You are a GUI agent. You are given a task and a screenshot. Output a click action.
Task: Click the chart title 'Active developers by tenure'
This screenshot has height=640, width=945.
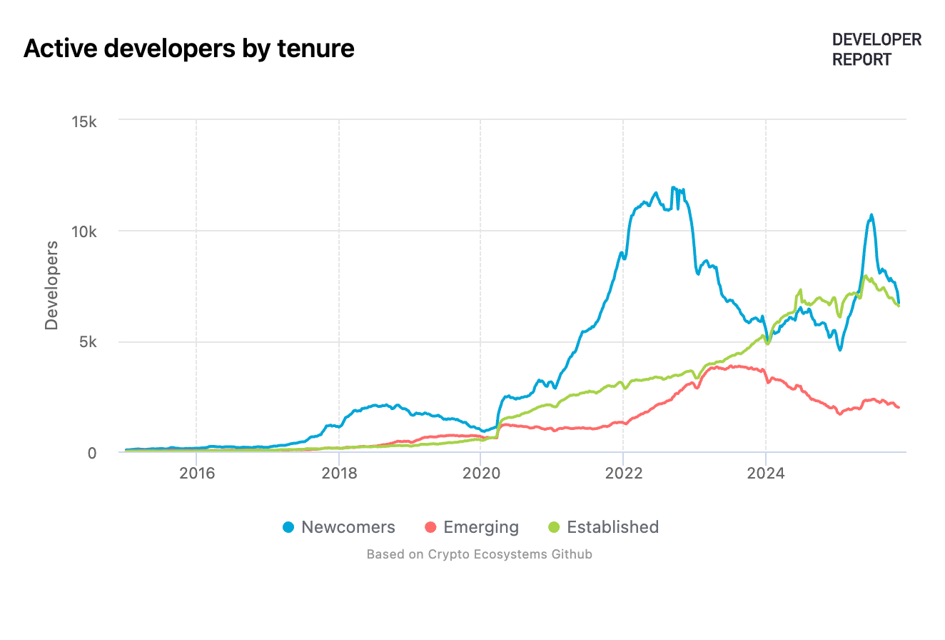189,49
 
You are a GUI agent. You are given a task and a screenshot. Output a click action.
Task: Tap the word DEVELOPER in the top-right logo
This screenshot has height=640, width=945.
876,40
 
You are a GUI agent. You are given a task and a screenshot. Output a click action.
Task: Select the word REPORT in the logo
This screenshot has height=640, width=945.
861,60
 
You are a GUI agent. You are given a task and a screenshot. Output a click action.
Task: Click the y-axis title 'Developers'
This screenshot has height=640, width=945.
51,285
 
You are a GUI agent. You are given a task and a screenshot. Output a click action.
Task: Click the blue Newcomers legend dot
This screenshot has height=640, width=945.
288,528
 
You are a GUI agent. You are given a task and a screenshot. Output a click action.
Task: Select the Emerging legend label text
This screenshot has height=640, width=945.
481,527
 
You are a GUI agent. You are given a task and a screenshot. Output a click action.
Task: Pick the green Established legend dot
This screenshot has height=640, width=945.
554,528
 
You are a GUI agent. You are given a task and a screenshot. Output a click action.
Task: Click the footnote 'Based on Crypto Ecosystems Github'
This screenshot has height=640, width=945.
479,554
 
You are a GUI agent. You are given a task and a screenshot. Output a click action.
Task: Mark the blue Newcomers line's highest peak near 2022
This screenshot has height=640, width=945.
673,188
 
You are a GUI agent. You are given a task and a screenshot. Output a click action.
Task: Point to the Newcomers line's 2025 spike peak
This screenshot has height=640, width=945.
871,215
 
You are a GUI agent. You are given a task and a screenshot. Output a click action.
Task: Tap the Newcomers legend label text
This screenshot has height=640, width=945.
348,527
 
